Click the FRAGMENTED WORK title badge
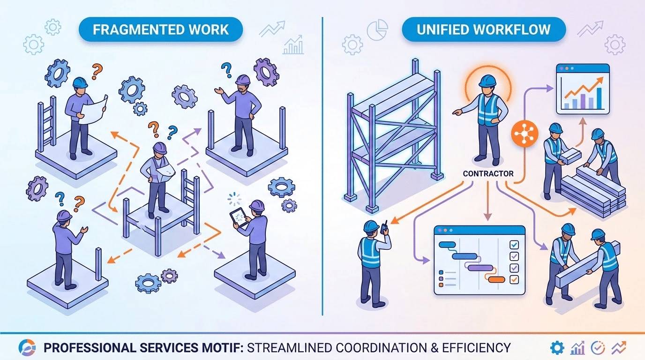pos(161,30)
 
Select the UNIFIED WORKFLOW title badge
pos(484,30)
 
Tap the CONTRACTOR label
pos(488,173)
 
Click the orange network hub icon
pos(525,134)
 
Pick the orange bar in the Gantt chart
pos(497,279)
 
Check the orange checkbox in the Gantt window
pos(514,279)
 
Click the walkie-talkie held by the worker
pos(384,227)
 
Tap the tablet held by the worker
pos(239,217)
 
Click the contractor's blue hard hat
pos(487,81)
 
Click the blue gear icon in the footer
pos(557,348)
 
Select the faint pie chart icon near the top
pos(377,30)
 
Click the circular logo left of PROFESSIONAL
pos(27,347)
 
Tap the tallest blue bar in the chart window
pos(599,98)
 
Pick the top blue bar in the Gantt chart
pos(447,245)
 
